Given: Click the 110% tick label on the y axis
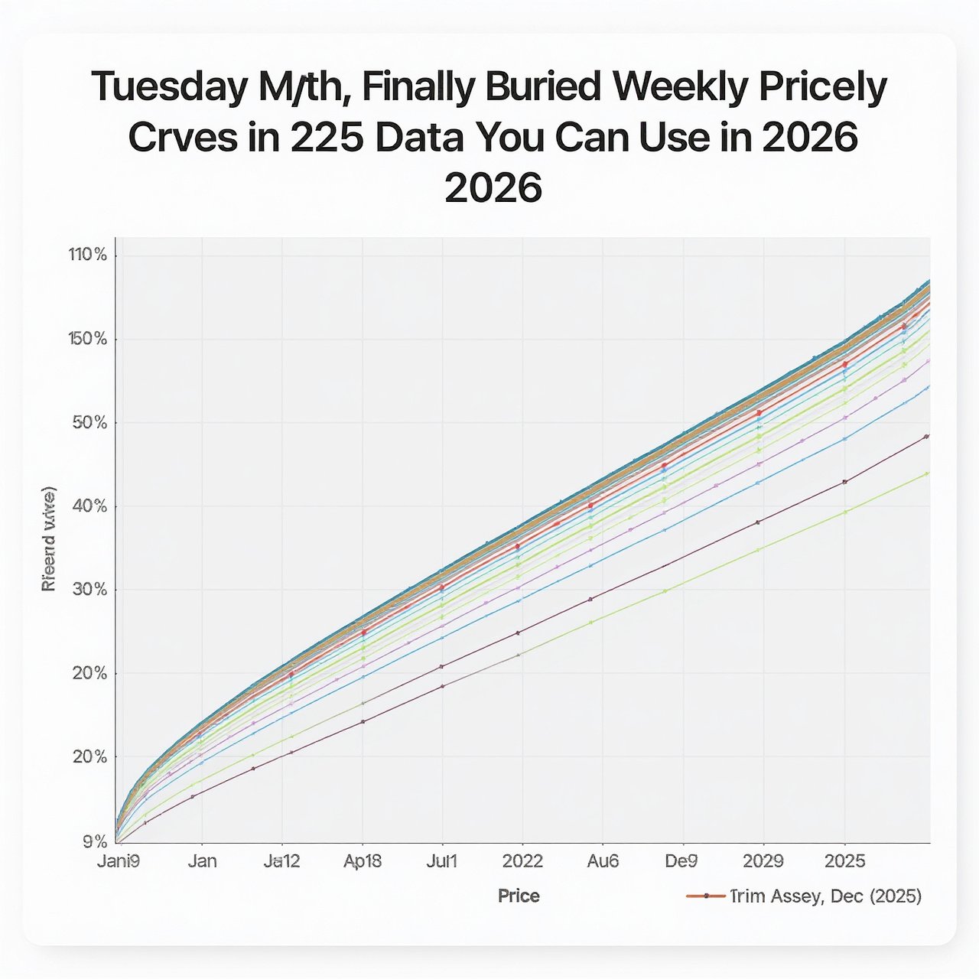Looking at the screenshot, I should click(88, 255).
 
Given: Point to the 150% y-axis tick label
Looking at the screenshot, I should click(88, 339).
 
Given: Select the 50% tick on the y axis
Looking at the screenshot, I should click(89, 423).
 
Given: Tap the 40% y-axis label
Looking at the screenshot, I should click(89, 506).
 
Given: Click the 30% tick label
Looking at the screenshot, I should click(89, 590).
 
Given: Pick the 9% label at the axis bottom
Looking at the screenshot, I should click(93, 841).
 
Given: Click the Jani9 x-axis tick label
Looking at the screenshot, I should click(119, 861).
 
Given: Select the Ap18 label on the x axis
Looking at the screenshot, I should click(363, 861).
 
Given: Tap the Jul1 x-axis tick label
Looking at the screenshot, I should click(441, 861).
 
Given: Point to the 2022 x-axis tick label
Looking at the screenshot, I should click(522, 861).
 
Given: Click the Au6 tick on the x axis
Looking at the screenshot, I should click(603, 861).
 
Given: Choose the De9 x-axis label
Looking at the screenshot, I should click(681, 861).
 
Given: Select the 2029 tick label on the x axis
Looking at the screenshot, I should click(763, 861).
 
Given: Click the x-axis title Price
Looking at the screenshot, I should click(519, 896).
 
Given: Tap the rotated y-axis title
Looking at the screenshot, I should click(48, 538).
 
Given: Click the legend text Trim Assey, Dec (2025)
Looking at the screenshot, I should click(826, 896).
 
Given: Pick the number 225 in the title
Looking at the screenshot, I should click(332, 138).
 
